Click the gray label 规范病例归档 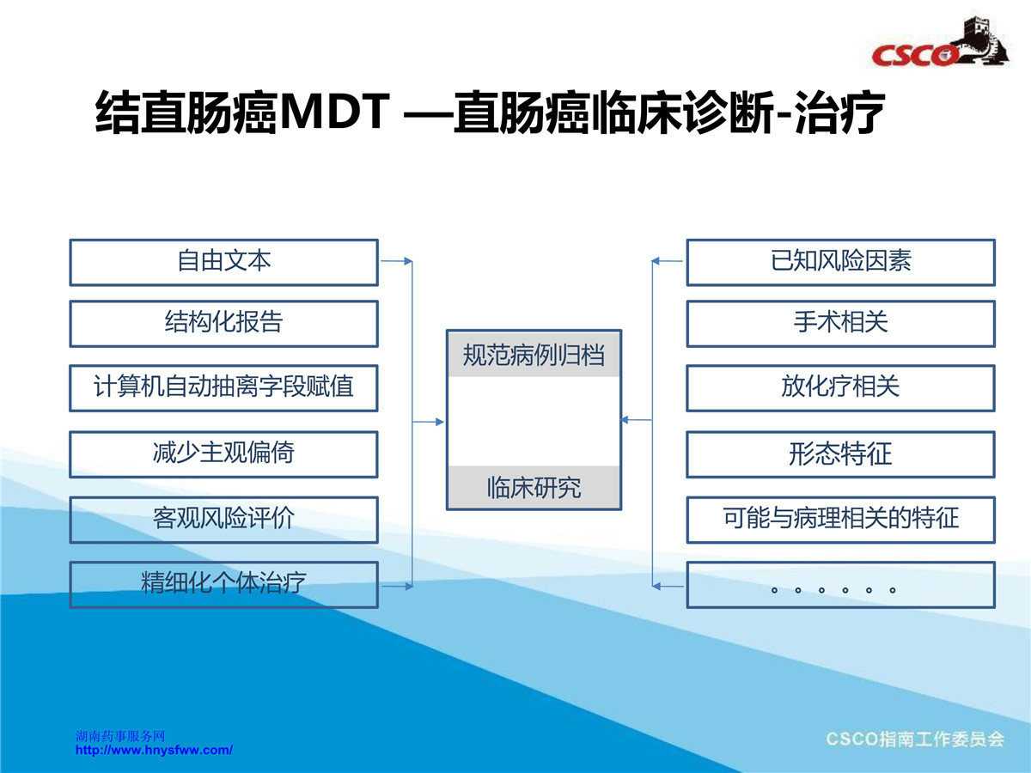point(534,355)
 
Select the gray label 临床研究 point(534,487)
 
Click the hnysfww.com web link point(154,750)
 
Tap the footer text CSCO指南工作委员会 point(915,740)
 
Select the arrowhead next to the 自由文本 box point(408,261)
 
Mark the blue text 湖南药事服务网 point(120,736)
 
